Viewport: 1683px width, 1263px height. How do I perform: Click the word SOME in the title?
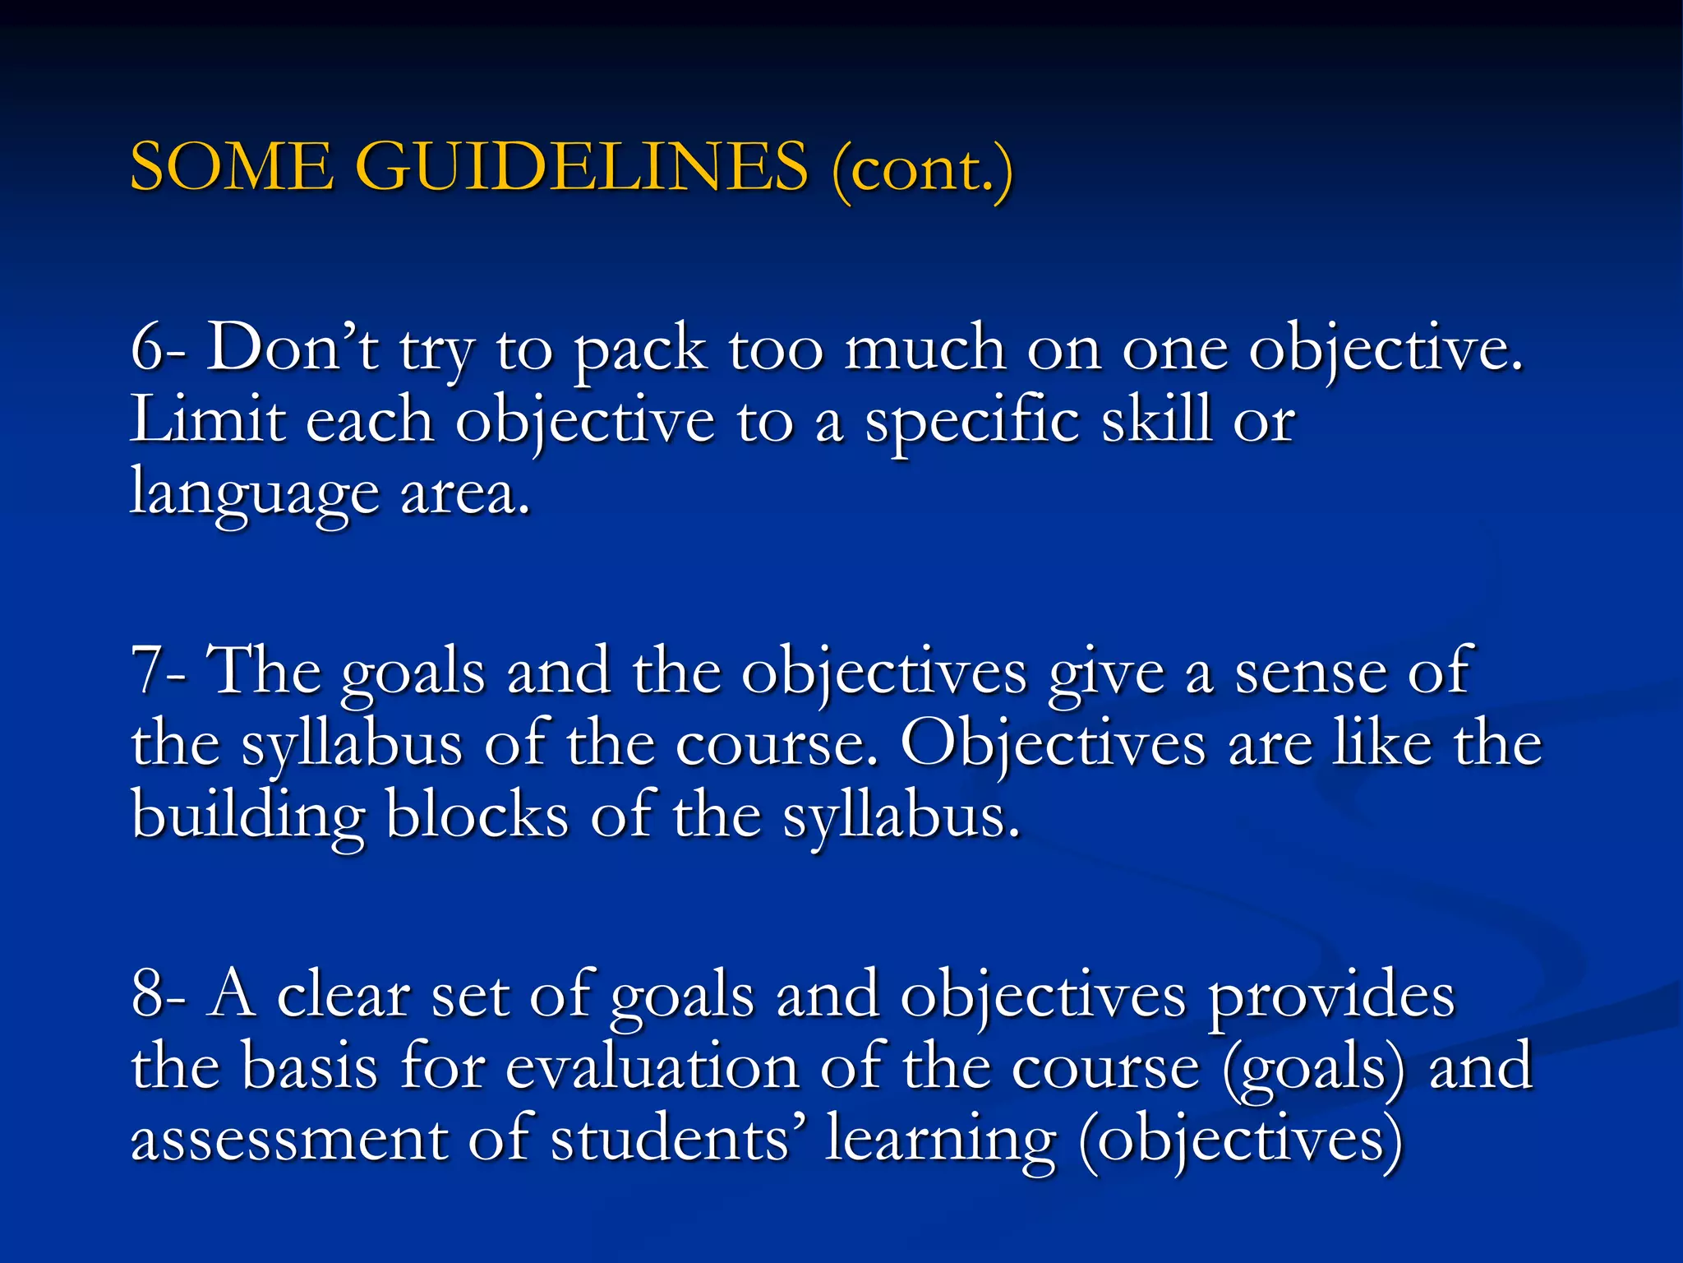[232, 167]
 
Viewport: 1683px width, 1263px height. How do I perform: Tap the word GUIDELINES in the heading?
[583, 167]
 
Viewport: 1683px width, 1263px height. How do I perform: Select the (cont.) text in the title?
[922, 170]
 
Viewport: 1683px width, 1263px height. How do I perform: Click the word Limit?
[207, 421]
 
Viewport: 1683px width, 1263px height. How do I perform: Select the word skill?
[1156, 421]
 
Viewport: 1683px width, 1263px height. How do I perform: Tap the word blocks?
[477, 816]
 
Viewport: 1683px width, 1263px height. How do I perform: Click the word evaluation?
[652, 1068]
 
